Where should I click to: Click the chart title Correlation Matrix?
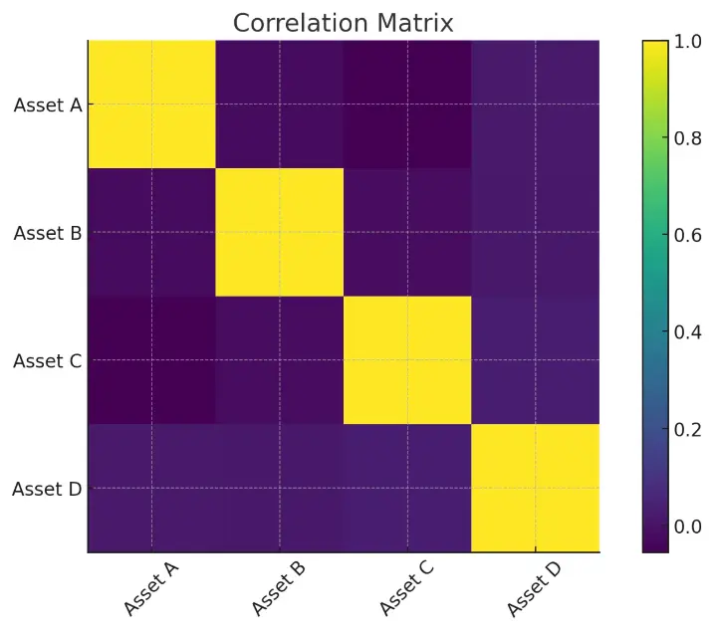(344, 23)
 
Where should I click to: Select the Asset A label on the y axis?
(48, 105)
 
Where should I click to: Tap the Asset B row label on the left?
(48, 233)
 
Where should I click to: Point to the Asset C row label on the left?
(48, 360)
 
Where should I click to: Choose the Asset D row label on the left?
(48, 489)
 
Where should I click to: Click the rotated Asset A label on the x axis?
(151, 587)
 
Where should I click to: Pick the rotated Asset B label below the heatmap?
(279, 587)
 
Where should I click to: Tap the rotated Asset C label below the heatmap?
(406, 587)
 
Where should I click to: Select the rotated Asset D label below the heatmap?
(534, 587)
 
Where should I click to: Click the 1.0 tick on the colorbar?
(689, 42)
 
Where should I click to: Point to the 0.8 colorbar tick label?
(689, 138)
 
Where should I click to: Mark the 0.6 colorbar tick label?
(689, 235)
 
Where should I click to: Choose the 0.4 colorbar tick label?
(689, 331)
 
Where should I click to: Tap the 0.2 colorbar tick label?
(689, 429)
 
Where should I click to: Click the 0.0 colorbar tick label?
(689, 526)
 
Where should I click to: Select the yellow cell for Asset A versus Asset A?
(152, 105)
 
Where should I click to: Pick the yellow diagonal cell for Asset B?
(280, 233)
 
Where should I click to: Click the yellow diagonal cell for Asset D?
(536, 489)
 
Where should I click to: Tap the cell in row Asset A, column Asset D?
(536, 105)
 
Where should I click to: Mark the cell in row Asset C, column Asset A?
(152, 360)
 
